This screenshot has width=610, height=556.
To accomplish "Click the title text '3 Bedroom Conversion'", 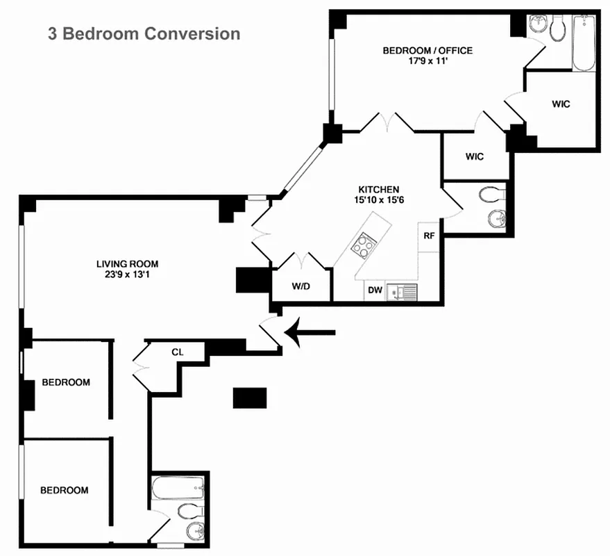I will [x=144, y=33].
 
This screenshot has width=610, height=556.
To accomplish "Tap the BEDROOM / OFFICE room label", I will [x=427, y=51].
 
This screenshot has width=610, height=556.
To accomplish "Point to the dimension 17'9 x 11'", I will [x=427, y=61].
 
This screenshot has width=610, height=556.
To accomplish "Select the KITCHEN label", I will [x=378, y=189].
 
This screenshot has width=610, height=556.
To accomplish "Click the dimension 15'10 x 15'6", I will [x=378, y=200].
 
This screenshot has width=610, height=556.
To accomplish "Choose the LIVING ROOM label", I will [x=127, y=263].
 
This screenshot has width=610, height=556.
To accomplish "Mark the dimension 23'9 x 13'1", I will [x=127, y=275].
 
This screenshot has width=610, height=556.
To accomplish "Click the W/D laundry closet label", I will [x=300, y=286].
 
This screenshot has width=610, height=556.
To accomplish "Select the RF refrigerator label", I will [x=429, y=236].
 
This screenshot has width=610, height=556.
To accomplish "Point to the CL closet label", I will [x=177, y=352].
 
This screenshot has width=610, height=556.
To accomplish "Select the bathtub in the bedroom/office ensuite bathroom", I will [x=583, y=42].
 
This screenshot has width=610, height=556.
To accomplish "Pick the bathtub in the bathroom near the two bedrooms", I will [x=178, y=489].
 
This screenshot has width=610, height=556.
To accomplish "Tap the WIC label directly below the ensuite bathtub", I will [x=561, y=104].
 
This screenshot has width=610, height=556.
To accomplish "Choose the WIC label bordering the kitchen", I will [x=474, y=156].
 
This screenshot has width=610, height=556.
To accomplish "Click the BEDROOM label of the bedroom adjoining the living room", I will [x=65, y=382].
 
